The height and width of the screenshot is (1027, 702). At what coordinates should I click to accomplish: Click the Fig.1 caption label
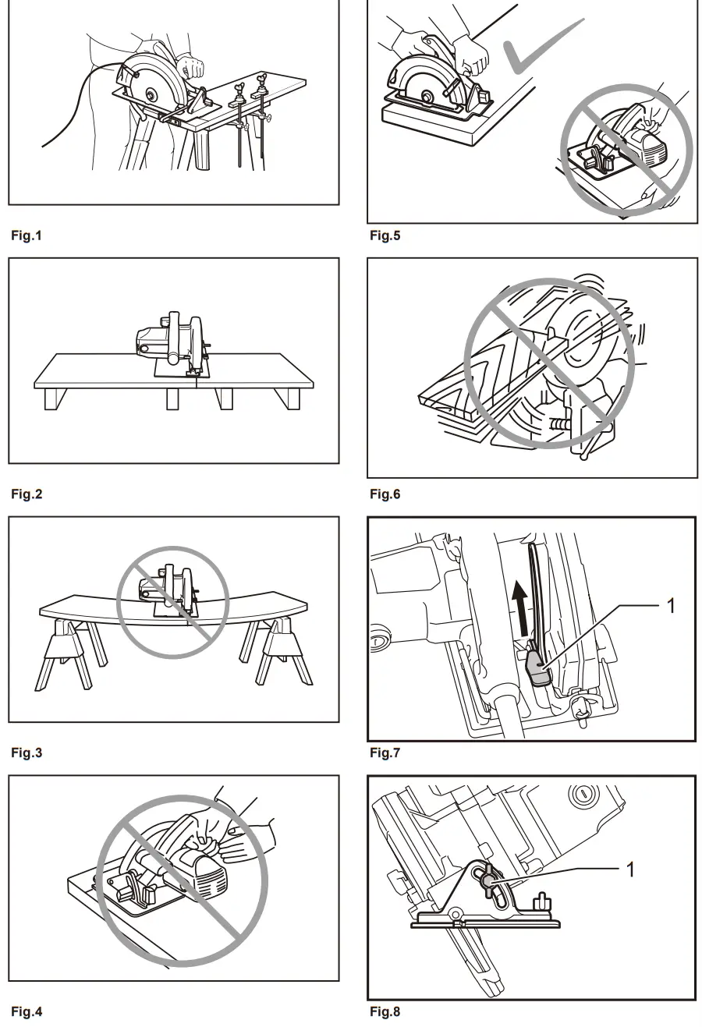pyautogui.click(x=26, y=236)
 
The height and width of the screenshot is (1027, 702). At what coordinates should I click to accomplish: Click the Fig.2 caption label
pyautogui.click(x=26, y=494)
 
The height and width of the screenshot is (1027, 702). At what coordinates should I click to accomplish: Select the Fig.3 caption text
pyautogui.click(x=26, y=753)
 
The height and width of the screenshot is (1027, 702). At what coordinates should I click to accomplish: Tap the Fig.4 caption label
pyautogui.click(x=26, y=1012)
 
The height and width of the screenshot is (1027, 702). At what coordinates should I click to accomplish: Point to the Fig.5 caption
pyautogui.click(x=385, y=236)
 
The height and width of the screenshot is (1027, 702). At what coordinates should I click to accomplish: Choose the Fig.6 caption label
pyautogui.click(x=385, y=494)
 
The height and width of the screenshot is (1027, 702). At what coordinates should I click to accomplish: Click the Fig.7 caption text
pyautogui.click(x=385, y=753)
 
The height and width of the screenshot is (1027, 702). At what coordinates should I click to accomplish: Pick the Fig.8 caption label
pyautogui.click(x=385, y=1012)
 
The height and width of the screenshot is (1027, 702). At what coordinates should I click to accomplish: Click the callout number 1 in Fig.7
pyautogui.click(x=671, y=605)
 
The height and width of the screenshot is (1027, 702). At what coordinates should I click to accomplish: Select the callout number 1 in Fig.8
pyautogui.click(x=630, y=869)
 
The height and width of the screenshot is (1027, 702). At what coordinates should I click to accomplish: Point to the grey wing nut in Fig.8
pyautogui.click(x=488, y=880)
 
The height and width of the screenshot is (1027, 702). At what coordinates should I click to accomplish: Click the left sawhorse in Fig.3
pyautogui.click(x=69, y=653)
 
